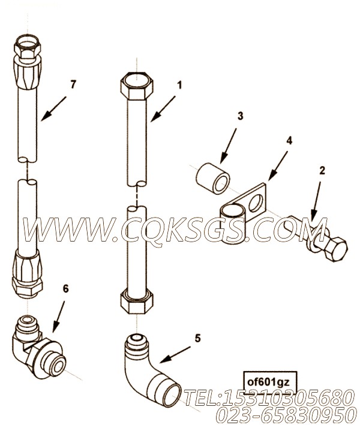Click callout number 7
click(x=73, y=85)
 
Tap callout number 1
click(x=179, y=85)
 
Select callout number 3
click(x=241, y=116)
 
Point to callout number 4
click(x=289, y=140)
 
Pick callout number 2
click(x=322, y=170)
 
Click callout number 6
click(x=65, y=289)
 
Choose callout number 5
click(x=197, y=338)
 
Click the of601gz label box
click(x=270, y=382)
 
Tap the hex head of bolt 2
click(x=336, y=249)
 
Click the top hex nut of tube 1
click(x=137, y=85)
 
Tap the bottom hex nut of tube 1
click(x=136, y=301)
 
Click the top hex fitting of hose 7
click(x=28, y=47)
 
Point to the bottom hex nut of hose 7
click(x=28, y=288)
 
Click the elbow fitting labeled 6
click(x=38, y=349)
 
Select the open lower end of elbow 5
click(x=172, y=394)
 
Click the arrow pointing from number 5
click(x=175, y=354)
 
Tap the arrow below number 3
click(x=229, y=146)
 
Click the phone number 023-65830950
click(x=286, y=415)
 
